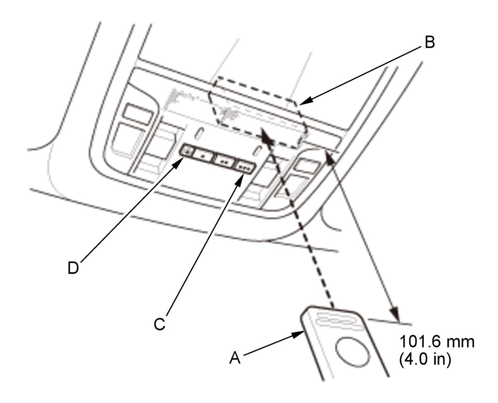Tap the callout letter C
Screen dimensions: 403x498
159,324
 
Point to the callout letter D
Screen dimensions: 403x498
73,268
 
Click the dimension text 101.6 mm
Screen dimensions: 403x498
437,343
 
